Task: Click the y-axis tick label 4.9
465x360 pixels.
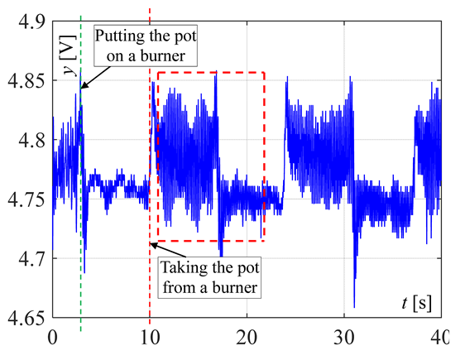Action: click(25, 22)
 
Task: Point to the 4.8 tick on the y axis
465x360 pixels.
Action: click(25, 141)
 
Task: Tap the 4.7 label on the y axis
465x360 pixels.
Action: click(25, 258)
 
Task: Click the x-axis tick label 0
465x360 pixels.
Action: click(52, 336)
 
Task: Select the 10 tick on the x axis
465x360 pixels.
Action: click(150, 336)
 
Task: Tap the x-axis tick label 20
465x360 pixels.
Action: click(247, 336)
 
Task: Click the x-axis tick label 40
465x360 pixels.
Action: click(439, 336)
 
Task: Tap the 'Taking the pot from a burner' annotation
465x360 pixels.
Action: click(209, 278)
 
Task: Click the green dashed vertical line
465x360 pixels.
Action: click(81, 207)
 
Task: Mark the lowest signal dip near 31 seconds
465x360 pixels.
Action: click(354, 306)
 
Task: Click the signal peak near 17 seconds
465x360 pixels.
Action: click(215, 75)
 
